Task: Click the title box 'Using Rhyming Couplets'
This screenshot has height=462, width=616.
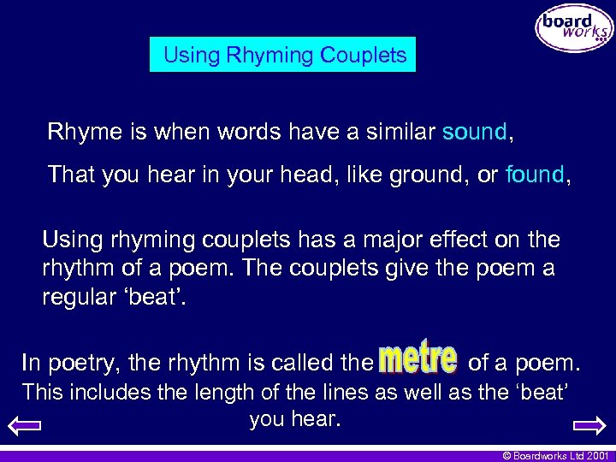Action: pyautogui.click(x=283, y=56)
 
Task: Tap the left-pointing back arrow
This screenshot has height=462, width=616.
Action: pyautogui.click(x=29, y=425)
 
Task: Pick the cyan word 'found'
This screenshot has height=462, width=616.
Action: pyautogui.click(x=535, y=175)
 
